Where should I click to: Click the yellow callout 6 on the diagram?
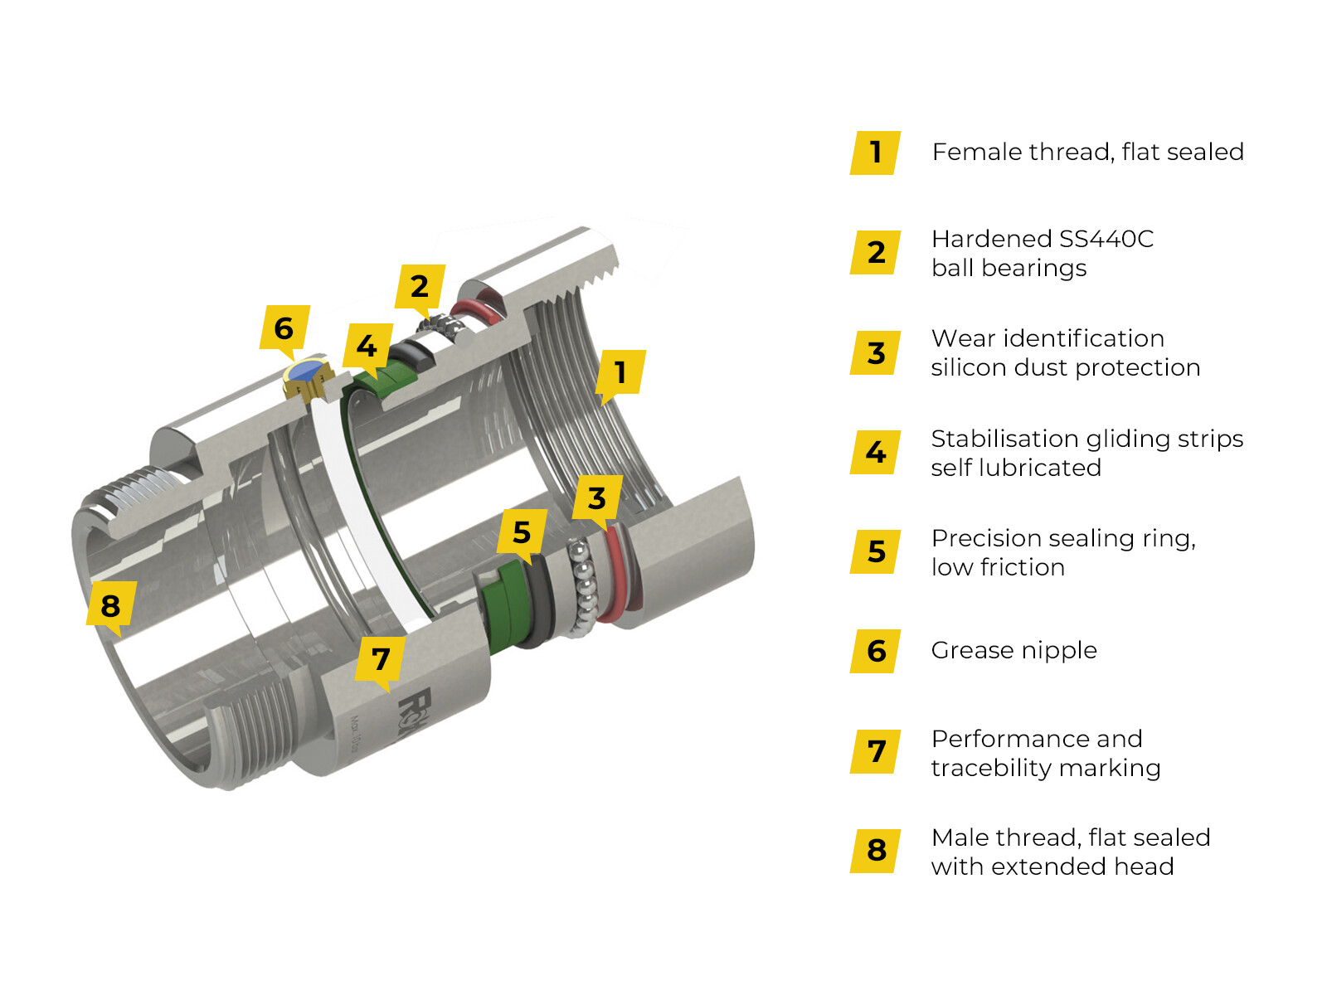(284, 328)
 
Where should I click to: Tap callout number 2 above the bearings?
(420, 286)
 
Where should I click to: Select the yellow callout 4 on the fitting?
(367, 346)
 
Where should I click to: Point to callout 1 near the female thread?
(620, 371)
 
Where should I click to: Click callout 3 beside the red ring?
(597, 498)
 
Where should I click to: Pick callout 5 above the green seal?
(522, 531)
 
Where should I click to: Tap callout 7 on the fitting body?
(381, 658)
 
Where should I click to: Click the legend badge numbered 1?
(876, 153)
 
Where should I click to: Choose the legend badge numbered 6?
(876, 651)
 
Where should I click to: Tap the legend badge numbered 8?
(876, 850)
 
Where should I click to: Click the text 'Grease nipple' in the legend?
(1013, 650)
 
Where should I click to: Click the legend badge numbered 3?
(876, 352)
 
